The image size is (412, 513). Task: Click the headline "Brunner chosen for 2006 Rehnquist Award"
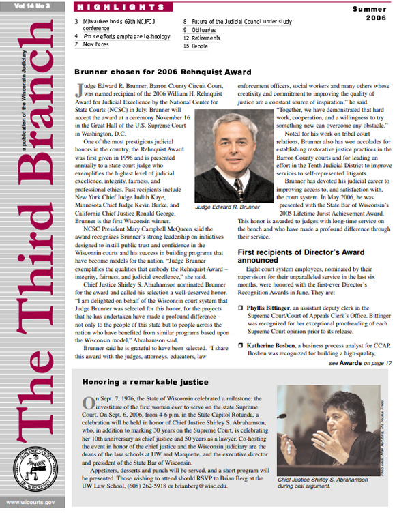point(162,72)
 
